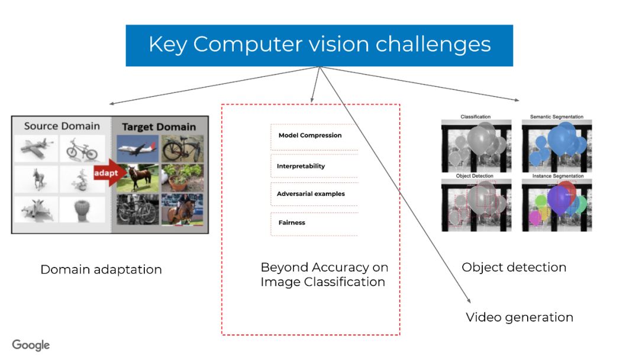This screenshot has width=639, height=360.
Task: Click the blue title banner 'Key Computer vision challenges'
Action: (319, 45)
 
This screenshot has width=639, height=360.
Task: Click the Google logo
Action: (31, 345)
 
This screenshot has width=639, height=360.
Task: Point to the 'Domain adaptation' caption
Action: (101, 269)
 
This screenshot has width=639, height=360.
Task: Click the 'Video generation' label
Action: (519, 317)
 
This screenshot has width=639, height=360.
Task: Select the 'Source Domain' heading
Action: (62, 126)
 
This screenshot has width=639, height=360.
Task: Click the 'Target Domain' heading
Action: (158, 127)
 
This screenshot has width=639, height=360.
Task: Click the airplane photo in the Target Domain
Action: (137, 148)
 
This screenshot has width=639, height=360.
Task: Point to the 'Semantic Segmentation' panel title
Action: (556, 117)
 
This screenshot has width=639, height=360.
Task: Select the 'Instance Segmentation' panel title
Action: (557, 176)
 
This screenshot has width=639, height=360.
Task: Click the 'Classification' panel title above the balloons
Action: (476, 117)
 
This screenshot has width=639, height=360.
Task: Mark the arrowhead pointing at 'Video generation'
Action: (469, 300)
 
